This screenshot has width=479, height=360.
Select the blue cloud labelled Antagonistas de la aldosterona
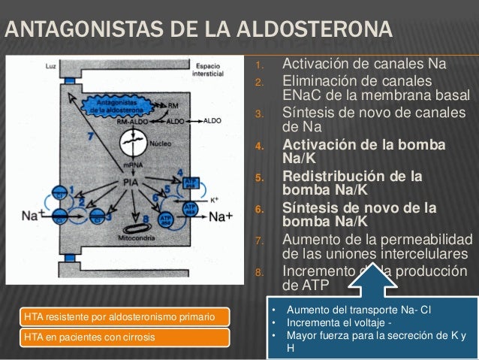pos(116,107)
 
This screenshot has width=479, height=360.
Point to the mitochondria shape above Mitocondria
pos(136,225)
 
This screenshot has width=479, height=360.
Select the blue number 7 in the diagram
pos(91,137)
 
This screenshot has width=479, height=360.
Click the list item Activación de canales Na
pos(363,62)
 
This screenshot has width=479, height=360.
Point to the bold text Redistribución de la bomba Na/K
pos(350,183)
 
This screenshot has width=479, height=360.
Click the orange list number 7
pos(257,241)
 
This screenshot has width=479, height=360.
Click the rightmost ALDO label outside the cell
pos(212,120)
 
